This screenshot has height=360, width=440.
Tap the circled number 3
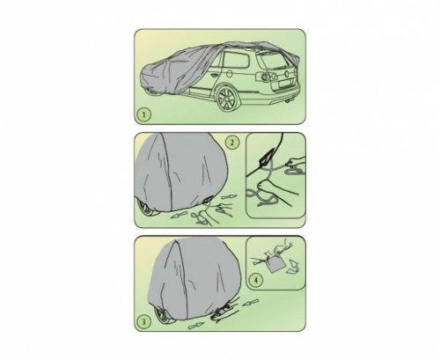143,320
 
